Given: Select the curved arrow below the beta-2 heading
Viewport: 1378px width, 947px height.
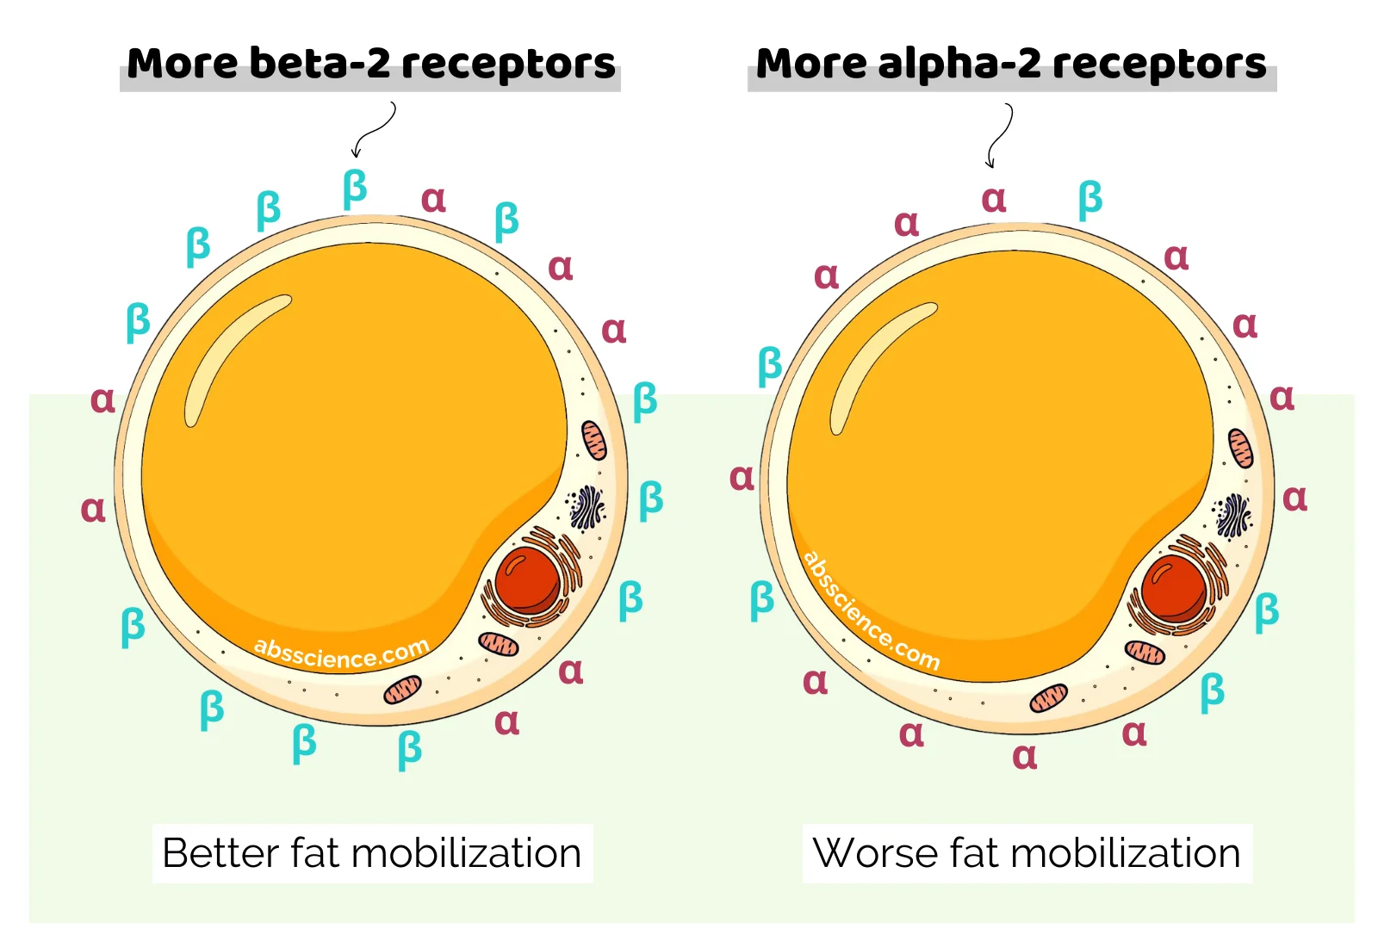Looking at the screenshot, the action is pos(374,130).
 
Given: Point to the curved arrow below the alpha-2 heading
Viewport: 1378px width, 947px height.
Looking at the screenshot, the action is pos(999,135).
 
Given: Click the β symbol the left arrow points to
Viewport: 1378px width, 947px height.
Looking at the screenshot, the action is pos(355,189).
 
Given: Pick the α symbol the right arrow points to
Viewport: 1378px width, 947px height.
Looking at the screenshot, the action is pos(994,199).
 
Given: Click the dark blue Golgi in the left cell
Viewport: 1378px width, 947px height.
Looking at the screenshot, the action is pos(587,507).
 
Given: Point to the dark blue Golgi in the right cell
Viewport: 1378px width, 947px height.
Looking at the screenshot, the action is pos(1232,516).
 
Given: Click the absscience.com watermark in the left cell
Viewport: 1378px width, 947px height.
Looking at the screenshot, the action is pos(341,653).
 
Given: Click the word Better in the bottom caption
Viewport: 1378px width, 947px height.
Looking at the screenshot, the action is pos(220,853).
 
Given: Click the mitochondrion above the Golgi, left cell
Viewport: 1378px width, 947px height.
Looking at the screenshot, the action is pos(594,440).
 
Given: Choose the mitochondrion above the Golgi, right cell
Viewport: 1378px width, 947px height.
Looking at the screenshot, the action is pos(1240,449).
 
